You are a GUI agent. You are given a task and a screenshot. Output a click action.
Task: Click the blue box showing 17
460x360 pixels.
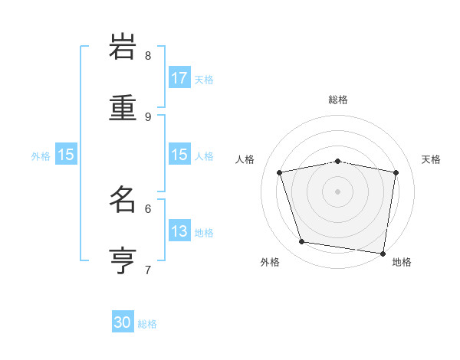(x=179, y=77)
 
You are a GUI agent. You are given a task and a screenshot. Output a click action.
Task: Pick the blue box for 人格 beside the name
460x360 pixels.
(x=179, y=154)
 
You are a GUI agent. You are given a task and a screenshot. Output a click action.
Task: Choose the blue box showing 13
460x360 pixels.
(x=179, y=231)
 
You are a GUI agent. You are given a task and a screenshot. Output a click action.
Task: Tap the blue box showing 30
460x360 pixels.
(x=123, y=322)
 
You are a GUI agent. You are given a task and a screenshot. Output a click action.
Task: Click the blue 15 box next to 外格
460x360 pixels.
(x=66, y=154)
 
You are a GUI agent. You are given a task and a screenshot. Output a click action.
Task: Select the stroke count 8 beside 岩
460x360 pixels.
(x=148, y=55)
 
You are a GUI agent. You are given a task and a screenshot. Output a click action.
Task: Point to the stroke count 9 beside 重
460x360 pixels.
(x=148, y=116)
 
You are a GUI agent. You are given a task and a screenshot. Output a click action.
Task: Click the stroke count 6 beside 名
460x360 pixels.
(x=148, y=208)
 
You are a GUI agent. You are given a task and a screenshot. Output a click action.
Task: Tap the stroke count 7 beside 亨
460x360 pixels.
(x=148, y=270)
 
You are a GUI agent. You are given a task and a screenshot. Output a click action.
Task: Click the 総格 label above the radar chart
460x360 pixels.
(x=338, y=100)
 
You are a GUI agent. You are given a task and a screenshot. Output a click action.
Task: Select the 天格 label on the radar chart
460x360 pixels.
(x=431, y=159)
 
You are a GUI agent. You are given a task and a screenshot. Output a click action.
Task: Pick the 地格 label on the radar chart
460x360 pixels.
(x=402, y=262)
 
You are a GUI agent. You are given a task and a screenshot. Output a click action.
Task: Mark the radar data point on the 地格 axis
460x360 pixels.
(x=383, y=253)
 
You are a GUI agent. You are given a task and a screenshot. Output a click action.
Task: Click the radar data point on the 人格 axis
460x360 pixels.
(x=280, y=172)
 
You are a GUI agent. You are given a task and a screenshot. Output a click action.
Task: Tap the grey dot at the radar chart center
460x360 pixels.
(x=338, y=191)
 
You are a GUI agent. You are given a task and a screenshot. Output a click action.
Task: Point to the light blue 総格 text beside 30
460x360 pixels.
(x=148, y=324)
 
